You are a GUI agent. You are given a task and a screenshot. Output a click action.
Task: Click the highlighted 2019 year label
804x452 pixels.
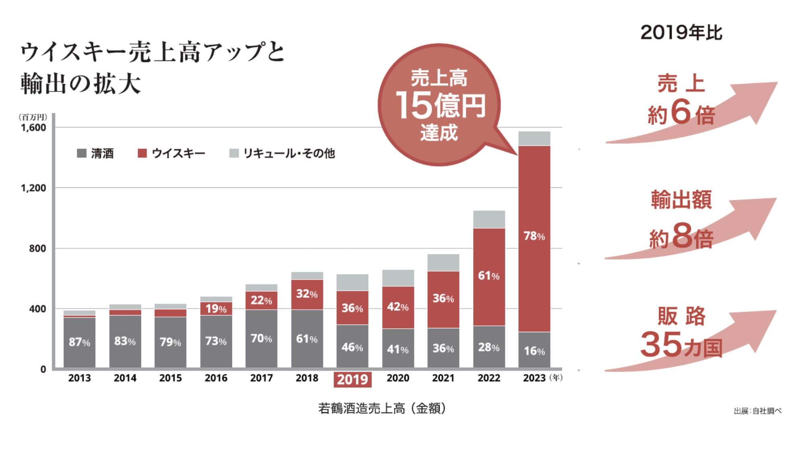pos(353,379)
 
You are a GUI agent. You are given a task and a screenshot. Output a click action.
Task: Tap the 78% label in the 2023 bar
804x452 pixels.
pos(534,236)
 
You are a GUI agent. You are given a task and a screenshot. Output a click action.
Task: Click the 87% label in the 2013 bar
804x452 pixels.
pos(79,342)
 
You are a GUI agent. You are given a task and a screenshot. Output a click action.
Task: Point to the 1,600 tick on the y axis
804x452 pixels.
pos(34,127)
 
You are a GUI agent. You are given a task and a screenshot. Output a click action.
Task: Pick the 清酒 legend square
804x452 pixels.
pos(82,153)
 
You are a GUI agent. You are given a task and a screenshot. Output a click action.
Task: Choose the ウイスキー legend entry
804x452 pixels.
pos(171,153)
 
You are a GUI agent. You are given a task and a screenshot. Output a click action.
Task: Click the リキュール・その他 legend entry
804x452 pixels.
pos(282,153)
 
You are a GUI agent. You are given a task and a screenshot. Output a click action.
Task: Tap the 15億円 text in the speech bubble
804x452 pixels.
pos(441,105)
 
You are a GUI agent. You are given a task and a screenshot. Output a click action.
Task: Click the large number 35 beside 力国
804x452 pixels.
pos(661,344)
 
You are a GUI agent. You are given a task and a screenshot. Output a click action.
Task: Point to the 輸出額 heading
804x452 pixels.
pos(681,200)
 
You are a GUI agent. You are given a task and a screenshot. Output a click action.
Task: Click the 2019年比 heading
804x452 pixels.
pos(681,33)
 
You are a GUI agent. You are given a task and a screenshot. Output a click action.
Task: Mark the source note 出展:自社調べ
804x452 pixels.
pos(757,411)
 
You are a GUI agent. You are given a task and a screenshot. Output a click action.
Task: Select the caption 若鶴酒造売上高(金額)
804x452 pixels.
pos(382,408)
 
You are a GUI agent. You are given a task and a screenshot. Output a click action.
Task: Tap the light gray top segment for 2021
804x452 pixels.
pos(443,262)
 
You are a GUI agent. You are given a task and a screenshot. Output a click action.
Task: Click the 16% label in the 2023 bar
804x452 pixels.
pos(534,351)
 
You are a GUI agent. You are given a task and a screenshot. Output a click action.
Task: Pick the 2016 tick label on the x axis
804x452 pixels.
pos(216,378)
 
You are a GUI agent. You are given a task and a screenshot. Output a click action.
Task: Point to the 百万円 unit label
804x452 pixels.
pos(33,117)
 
